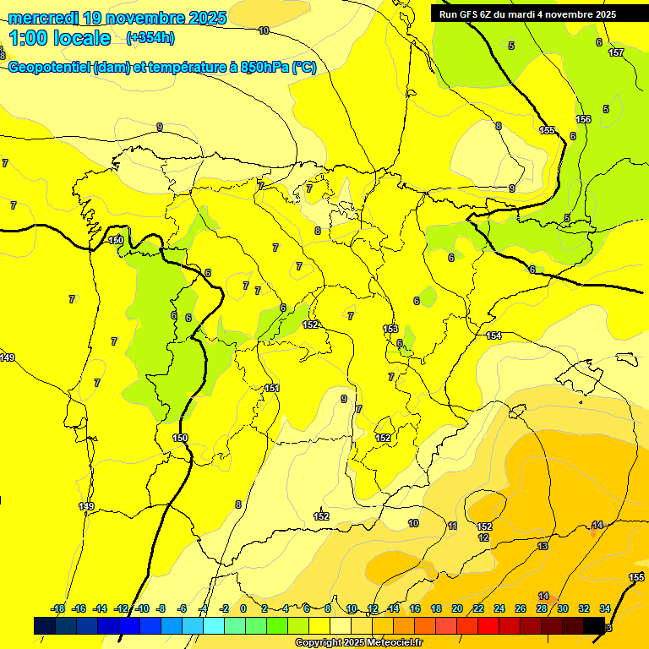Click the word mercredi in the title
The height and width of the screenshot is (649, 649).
pyautogui.click(x=43, y=18)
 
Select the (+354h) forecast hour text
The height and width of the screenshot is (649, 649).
pyautogui.click(x=150, y=38)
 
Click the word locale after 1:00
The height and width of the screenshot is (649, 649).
pyautogui.click(x=81, y=38)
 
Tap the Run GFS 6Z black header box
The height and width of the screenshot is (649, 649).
pyautogui.click(x=527, y=14)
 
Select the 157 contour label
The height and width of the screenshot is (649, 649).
pyautogui.click(x=616, y=52)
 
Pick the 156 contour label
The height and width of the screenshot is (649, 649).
pyautogui.click(x=583, y=119)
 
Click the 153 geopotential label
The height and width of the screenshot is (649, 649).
pyautogui.click(x=390, y=329)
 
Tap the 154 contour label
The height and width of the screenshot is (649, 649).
pyautogui.click(x=494, y=335)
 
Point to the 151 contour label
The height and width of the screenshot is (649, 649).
pyautogui.click(x=272, y=388)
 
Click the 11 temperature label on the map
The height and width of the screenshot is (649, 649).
pyautogui.click(x=453, y=526)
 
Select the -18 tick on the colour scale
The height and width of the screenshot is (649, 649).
pyautogui.click(x=58, y=608)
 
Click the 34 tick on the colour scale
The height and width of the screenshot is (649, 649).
pyautogui.click(x=605, y=608)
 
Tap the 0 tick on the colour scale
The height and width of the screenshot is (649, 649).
pyautogui.click(x=243, y=608)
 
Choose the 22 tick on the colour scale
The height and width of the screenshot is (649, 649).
pyautogui.click(x=478, y=608)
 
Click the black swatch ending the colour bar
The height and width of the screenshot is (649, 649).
pyautogui.click(x=594, y=625)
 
